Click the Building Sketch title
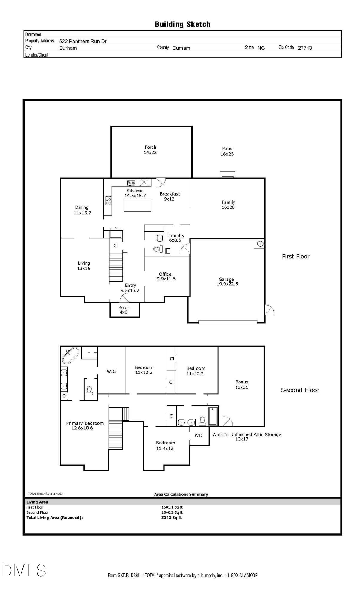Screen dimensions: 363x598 (x=182, y=24)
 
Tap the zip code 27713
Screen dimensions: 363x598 (x=305, y=48)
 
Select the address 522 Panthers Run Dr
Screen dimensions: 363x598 (x=83, y=41)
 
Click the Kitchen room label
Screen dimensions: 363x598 (x=135, y=190)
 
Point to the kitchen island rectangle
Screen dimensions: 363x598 (x=138, y=205)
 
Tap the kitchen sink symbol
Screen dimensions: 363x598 (x=131, y=183)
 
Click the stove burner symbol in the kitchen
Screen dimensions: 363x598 (x=108, y=200)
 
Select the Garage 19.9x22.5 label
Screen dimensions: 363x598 (x=227, y=282)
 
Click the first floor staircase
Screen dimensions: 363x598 (x=116, y=268)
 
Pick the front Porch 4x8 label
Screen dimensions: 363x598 (x=124, y=310)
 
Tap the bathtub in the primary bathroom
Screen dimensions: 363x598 (x=71, y=355)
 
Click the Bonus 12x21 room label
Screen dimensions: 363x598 (x=242, y=385)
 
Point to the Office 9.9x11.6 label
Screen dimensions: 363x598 (x=166, y=277)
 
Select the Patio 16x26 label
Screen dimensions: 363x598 (x=227, y=151)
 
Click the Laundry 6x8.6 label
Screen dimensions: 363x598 (x=176, y=238)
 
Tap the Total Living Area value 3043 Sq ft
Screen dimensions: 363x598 (x=172, y=518)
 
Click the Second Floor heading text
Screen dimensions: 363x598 (x=300, y=390)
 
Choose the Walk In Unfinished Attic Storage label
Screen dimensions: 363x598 (x=247, y=434)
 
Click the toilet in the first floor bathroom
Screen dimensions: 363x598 (x=158, y=249)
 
